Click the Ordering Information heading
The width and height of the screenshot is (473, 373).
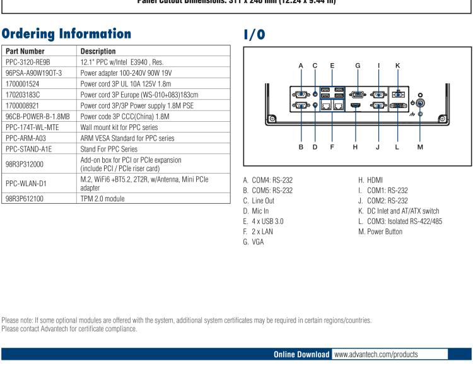click(x=67, y=33)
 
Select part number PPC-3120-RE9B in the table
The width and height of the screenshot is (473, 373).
click(x=28, y=62)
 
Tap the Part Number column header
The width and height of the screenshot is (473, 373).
click(x=25, y=51)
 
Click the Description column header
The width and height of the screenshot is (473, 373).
click(x=98, y=51)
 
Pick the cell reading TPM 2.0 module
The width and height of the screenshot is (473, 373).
click(x=103, y=198)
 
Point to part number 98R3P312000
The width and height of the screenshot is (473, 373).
click(x=25, y=165)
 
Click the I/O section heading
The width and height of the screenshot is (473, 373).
click(x=254, y=35)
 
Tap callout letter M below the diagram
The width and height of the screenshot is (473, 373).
click(x=420, y=147)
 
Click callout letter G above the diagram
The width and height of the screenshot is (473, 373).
click(x=358, y=65)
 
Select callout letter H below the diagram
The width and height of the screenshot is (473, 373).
click(x=356, y=147)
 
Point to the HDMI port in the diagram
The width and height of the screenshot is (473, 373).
click(x=356, y=106)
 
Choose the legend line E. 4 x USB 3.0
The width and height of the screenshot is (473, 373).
click(x=264, y=222)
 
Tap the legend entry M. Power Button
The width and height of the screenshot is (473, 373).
click(x=380, y=232)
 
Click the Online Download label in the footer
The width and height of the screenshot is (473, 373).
click(x=301, y=354)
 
